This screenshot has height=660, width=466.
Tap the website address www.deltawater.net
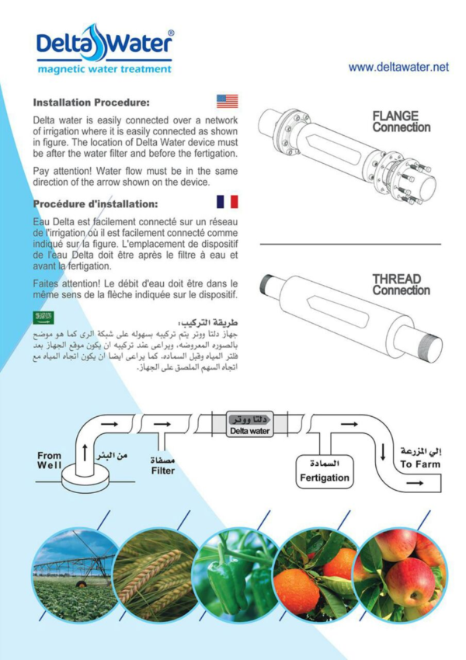coord(398,68)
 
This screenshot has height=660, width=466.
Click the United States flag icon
coord(227,101)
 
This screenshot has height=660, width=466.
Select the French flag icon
coord(227,203)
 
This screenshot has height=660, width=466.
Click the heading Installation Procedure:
coord(92,102)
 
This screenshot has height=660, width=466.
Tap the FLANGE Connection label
coord(400,122)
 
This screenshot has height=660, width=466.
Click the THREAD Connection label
coord(400,285)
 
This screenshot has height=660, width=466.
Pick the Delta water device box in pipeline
coord(249,425)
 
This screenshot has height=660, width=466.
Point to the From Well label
coord(49,460)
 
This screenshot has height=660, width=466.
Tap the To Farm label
coord(419,464)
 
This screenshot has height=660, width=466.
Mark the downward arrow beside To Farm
coord(382,452)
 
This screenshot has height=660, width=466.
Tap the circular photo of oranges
coord(318,575)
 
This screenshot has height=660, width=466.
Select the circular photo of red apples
coord(399,575)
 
